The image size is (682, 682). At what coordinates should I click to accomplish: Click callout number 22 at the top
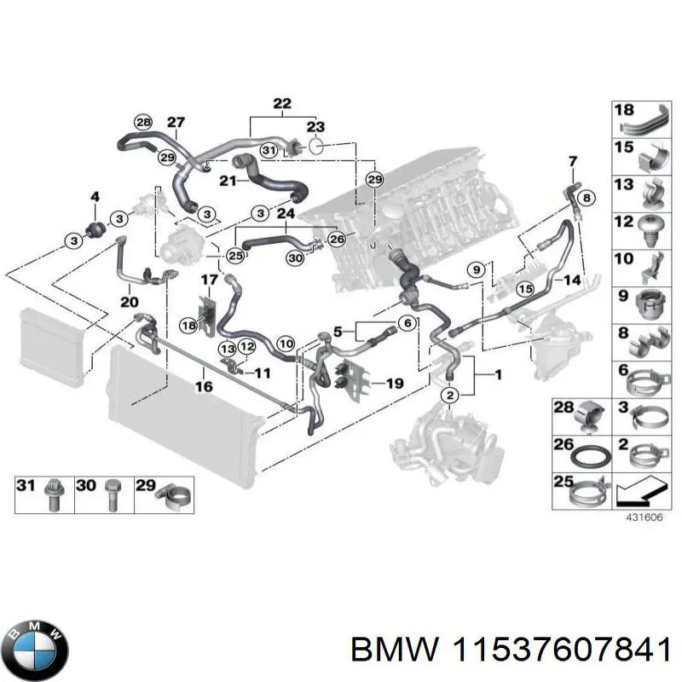280,104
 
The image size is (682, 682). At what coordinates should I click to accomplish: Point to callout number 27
175,122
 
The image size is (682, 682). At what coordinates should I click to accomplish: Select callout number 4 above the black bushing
95,198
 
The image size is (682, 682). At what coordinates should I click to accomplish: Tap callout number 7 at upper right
572,160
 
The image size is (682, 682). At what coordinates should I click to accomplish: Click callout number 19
393,384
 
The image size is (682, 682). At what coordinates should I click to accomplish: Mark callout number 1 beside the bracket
499,374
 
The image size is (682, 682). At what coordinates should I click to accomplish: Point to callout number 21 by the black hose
227,181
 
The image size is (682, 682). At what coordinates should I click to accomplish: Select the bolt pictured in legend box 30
110,495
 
